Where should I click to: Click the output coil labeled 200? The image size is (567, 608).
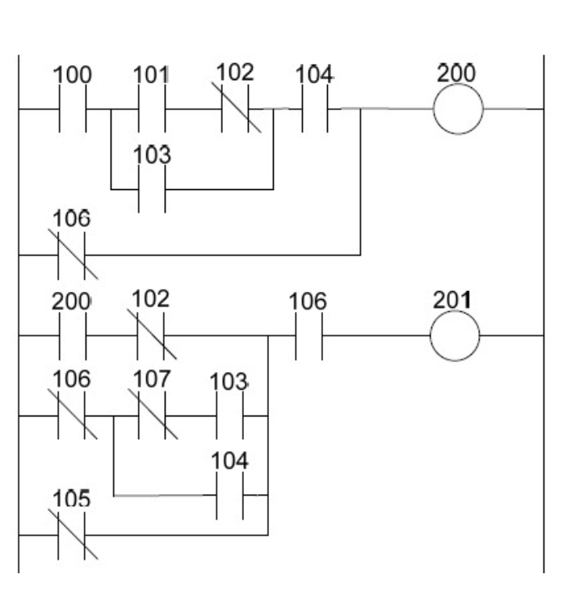pos(458,108)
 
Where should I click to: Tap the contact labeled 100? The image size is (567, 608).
pos(72,108)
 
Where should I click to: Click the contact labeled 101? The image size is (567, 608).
pos(152,108)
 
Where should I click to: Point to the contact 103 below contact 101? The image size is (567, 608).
pos(152,190)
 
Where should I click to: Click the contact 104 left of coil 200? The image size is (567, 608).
pos(314,108)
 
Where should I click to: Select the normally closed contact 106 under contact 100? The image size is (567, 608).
pos(72,255)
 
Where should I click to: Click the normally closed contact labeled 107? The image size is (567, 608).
pos(152,416)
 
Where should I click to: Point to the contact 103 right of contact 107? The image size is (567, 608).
pos(229,416)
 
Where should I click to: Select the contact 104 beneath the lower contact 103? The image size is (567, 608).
pos(229,495)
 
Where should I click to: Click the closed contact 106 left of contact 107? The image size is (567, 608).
pos(72,416)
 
